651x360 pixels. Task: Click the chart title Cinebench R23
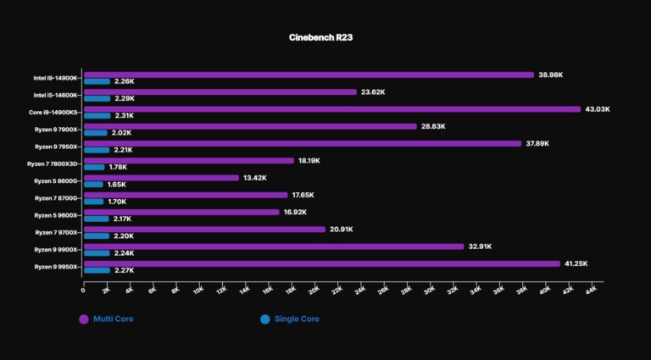[x=325, y=38]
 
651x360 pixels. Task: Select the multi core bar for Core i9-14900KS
[x=331, y=109]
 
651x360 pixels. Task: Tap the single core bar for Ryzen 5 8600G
[x=93, y=184]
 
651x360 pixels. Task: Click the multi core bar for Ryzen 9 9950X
[x=321, y=264]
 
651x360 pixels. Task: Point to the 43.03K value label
[x=598, y=109]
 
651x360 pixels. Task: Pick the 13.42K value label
[x=255, y=178]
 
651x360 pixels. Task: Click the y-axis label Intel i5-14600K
[x=56, y=95]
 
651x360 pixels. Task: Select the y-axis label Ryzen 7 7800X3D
[x=53, y=163]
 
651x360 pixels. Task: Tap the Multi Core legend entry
[x=107, y=319]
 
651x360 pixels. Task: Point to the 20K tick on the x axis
[x=314, y=291]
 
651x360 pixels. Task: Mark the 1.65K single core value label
[x=117, y=185]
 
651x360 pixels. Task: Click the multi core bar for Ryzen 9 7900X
[x=250, y=126]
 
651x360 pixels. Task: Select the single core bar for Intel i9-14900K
[x=97, y=81]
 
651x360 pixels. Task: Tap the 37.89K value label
[x=538, y=143]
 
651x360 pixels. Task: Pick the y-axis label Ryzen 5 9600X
[x=56, y=215]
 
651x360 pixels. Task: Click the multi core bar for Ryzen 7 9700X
[x=204, y=230]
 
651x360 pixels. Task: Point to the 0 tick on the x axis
[x=83, y=291]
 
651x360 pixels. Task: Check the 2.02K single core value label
[x=121, y=133]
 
